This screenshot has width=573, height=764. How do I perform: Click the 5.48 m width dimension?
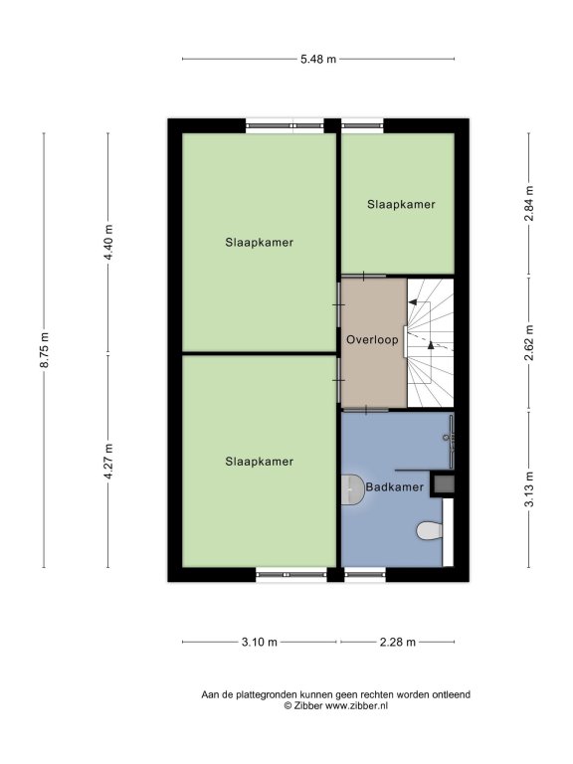tap(318, 59)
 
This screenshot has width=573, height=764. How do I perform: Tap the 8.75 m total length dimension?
tap(45, 350)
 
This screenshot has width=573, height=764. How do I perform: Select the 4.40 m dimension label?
tap(108, 242)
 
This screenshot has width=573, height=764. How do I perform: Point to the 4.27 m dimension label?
tap(108, 461)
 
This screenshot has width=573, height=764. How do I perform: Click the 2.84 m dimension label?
tap(529, 204)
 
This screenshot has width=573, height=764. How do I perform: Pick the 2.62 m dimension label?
tap(529, 342)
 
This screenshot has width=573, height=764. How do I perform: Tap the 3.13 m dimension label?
tap(529, 489)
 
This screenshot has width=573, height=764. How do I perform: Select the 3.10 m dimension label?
tap(260, 643)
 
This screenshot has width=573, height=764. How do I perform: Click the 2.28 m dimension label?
tap(398, 643)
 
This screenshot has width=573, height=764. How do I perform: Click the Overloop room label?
tap(372, 339)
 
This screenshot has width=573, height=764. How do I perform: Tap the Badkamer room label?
tap(395, 486)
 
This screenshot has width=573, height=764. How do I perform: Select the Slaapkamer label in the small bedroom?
tap(401, 204)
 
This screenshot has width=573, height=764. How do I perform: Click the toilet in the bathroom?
tap(430, 530)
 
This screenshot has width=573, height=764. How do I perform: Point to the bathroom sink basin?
tap(353, 489)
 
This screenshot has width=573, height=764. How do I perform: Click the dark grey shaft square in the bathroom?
tap(445, 483)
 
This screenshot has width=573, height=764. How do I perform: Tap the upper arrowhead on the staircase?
tap(412, 302)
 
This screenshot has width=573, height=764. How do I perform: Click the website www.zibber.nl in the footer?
tap(357, 705)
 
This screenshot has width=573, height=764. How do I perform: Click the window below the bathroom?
tap(364, 574)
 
